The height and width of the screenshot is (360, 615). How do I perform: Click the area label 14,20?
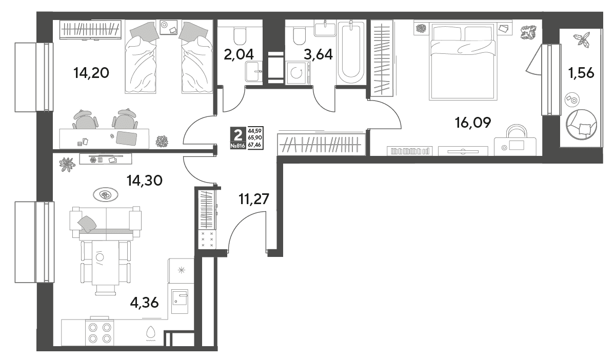(91, 72)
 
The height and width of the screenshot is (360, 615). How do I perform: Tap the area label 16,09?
(472, 123)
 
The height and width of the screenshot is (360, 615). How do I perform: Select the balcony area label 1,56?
(581, 72)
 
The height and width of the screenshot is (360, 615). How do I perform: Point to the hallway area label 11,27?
(254, 199)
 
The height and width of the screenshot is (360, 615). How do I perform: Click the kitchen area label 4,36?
(144, 303)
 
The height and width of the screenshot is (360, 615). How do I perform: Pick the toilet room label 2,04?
(239, 54)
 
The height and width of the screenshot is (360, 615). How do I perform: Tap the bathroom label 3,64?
(319, 54)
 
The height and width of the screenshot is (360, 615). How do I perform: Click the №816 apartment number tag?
(237, 146)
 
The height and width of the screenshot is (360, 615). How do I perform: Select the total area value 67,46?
(255, 145)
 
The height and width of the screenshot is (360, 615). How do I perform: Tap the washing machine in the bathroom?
(299, 72)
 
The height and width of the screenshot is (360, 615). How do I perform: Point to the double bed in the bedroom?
(463, 61)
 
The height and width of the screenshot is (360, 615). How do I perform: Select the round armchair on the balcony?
(581, 124)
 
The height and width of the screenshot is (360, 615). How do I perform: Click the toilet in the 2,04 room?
(239, 35)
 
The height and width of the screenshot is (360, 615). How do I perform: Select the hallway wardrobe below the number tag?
(321, 144)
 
